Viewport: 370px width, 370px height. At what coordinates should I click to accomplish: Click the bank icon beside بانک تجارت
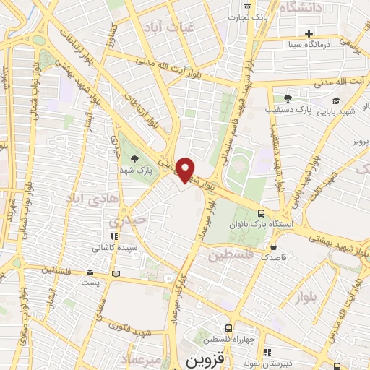[x=248, y=7]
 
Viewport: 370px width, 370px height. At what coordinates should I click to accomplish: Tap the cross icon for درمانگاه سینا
[x=309, y=33]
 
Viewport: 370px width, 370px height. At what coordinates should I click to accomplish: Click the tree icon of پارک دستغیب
[x=288, y=98]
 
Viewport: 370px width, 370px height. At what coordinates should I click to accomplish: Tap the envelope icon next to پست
[x=90, y=272]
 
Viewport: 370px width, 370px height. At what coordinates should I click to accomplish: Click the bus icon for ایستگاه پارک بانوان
[x=262, y=214]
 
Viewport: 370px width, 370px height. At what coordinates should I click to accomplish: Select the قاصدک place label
[x=273, y=257]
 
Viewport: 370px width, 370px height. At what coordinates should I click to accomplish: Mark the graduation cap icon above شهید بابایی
[x=335, y=101]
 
